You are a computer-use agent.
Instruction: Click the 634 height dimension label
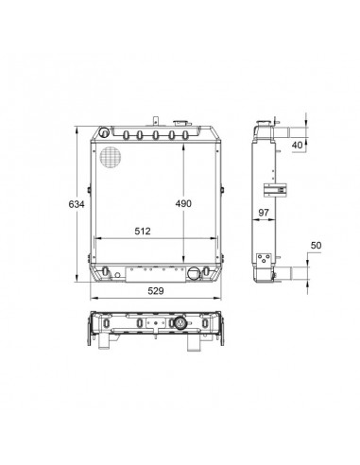pos(77,204)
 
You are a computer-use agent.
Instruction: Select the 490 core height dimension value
pos(183,203)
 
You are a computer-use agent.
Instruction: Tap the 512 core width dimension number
pos(143,231)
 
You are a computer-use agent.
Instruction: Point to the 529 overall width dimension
pos(156,291)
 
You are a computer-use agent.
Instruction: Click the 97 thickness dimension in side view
pos(264,213)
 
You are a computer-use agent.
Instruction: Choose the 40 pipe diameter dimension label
pos(297,145)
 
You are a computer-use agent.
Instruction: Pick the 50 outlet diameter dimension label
pos(316,245)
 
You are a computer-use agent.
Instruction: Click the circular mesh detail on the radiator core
pos(111,157)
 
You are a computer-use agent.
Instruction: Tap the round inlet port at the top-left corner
pos(104,132)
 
